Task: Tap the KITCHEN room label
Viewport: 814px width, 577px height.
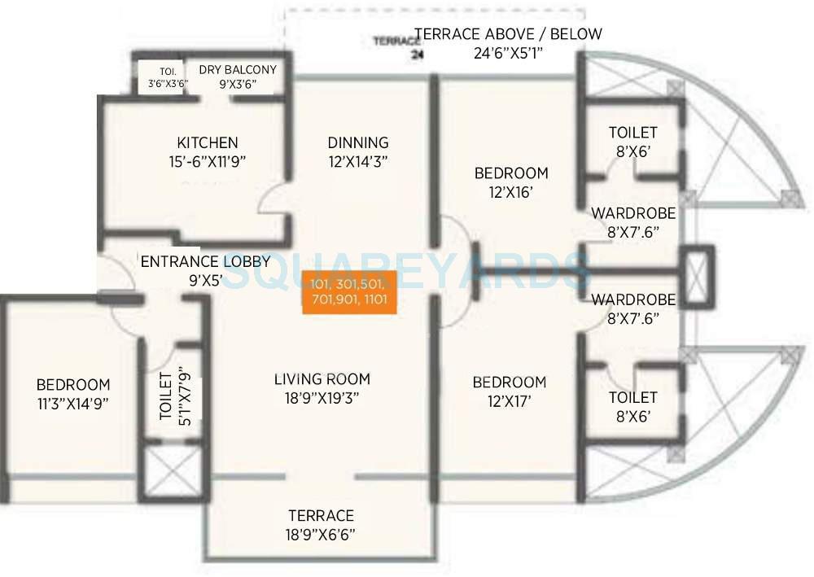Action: (x=208, y=142)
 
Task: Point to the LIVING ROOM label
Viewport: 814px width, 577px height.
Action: (x=322, y=379)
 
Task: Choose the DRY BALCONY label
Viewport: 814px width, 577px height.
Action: (x=238, y=70)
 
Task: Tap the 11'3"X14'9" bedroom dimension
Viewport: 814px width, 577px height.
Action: (x=73, y=403)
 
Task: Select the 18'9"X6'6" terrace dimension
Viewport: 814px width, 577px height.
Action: (x=321, y=535)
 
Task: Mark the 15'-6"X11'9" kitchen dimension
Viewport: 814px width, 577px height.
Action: (x=203, y=161)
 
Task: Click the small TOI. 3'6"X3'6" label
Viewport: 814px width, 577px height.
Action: (x=163, y=76)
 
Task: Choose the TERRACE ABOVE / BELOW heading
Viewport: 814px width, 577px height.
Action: (x=509, y=34)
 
